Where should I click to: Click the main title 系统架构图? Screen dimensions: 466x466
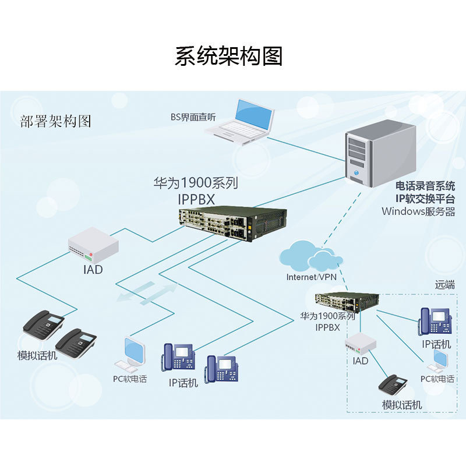[x=228, y=56]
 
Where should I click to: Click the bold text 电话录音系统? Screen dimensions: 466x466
[x=425, y=186]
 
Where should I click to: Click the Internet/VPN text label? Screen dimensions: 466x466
[x=311, y=277]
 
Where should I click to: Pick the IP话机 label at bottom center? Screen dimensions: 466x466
[x=183, y=383]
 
